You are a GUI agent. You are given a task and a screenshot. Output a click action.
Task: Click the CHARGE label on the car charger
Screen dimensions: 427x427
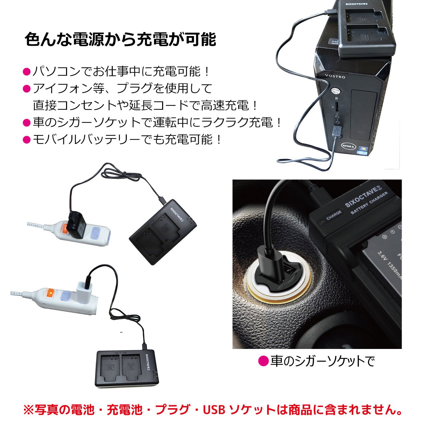334,215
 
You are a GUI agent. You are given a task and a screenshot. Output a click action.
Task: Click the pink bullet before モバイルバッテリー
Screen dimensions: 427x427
26,139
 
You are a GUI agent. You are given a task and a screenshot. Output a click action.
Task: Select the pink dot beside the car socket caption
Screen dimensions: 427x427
264,361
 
